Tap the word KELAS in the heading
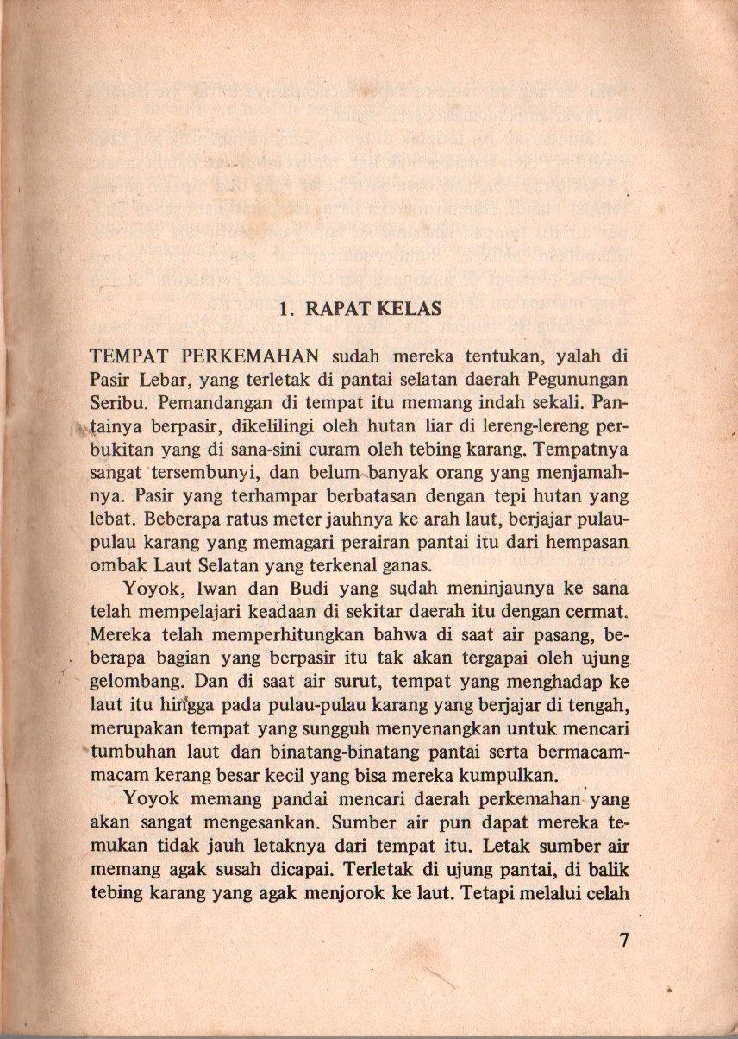[x=410, y=309]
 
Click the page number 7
[x=625, y=941]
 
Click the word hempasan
[x=588, y=543]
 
